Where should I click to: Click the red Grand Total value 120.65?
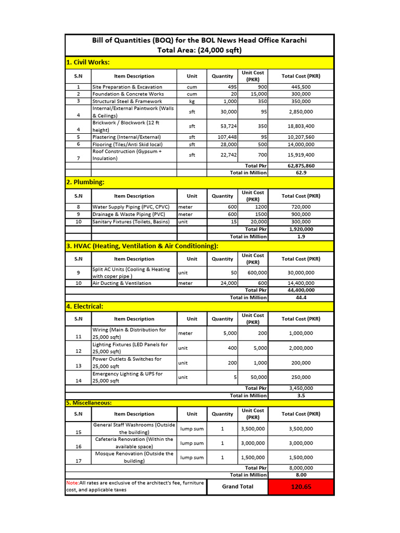point(301,487)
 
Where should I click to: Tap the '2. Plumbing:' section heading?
point(85,182)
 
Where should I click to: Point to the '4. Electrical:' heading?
point(84,307)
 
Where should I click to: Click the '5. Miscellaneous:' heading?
point(89,403)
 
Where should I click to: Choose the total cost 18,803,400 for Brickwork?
point(301,126)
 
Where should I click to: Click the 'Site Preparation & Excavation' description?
point(127,87)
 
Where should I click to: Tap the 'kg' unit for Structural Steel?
point(192,101)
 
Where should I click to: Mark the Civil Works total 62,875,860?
point(301,166)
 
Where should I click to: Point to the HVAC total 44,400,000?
point(301,290)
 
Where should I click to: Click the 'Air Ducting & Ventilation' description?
point(122,283)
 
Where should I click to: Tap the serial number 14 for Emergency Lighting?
point(79,380)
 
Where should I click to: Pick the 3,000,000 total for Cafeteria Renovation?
point(301,443)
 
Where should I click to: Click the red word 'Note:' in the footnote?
point(72,483)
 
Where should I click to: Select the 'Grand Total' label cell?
point(238,487)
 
